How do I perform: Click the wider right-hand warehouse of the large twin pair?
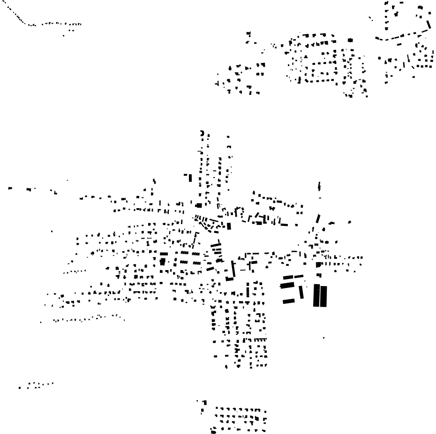pyautogui.click(x=323, y=296)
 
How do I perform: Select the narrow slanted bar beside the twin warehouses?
pyautogui.click(x=301, y=292)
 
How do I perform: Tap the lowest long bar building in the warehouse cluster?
pyautogui.click(x=288, y=301)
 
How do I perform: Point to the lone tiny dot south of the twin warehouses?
pyautogui.click(x=323, y=338)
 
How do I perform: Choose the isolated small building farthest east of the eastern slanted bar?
pyautogui.click(x=349, y=222)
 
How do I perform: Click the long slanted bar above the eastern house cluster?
pyautogui.click(x=318, y=219)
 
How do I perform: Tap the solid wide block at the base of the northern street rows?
pyautogui.click(x=199, y=205)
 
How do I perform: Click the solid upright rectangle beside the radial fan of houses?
pyautogui.click(x=229, y=226)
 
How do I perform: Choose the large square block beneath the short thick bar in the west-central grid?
pyautogui.click(x=163, y=261)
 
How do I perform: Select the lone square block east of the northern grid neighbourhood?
pyautogui.click(x=350, y=40)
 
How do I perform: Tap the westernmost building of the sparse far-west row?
pyautogui.click(x=10, y=189)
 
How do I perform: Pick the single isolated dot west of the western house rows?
pyautogui.click(x=52, y=231)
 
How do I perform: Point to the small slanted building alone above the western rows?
pyautogui.click(x=154, y=181)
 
